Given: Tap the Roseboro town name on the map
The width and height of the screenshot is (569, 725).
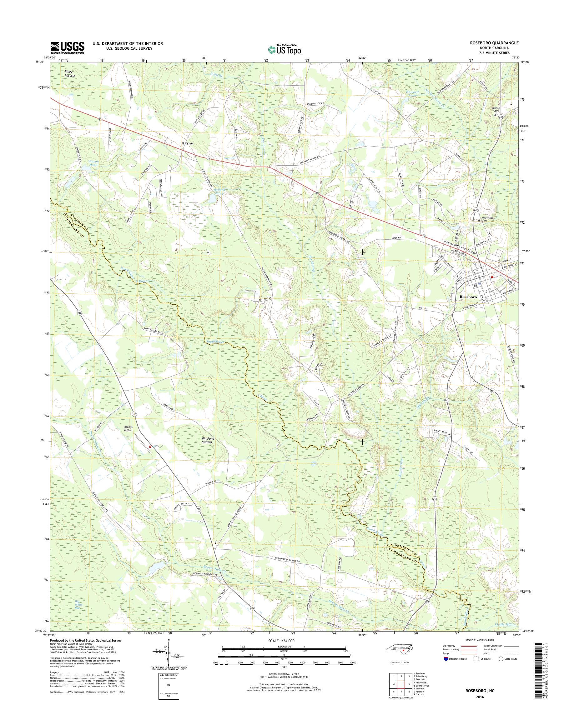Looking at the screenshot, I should (x=468, y=297).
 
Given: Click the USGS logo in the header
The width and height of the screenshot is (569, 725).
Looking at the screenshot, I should (x=67, y=47).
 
